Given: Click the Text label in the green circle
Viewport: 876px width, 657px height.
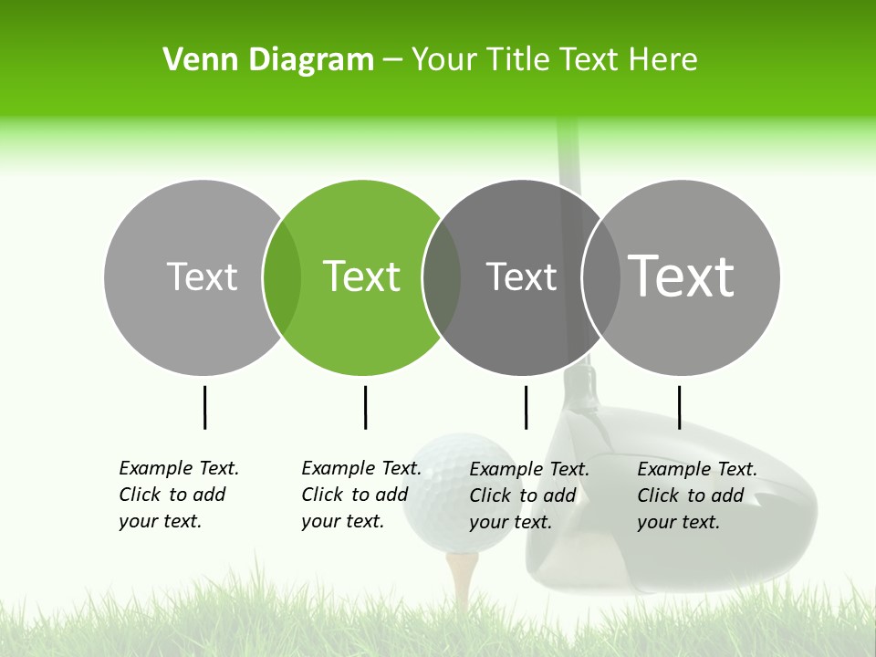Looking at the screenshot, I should click(362, 276).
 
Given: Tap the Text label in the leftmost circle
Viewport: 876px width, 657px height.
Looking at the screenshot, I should click(203, 276).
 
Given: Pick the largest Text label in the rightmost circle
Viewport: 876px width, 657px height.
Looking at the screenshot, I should click(682, 276).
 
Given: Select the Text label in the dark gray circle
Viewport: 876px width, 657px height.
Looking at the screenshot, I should click(521, 276).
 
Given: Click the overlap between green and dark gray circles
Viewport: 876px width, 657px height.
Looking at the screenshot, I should click(442, 277).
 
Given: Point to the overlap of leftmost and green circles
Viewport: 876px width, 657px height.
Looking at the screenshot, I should click(282, 277).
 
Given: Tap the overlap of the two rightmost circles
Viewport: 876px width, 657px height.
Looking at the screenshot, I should click(601, 277).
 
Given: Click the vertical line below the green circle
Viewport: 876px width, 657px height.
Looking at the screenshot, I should click(365, 407).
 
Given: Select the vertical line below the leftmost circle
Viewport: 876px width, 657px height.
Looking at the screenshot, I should click(204, 407).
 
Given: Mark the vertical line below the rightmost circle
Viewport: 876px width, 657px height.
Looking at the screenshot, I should click(679, 407).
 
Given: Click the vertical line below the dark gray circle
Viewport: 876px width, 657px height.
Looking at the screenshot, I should click(526, 407).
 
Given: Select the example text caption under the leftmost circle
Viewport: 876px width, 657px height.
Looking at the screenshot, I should click(179, 495).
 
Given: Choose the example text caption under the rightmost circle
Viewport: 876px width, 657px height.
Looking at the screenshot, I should click(697, 495).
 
